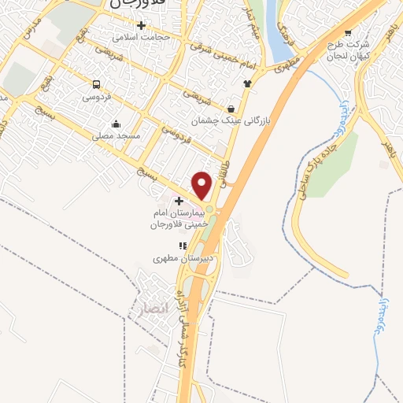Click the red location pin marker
coord(201,186)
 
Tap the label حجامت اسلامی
coord(135,37)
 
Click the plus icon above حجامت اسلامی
coord(141,25)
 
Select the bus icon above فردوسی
coord(96,84)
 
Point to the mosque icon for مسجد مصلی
coord(116,124)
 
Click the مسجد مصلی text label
coord(117,135)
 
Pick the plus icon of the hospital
coord(179,201)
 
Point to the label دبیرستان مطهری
coord(179,257)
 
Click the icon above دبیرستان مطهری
coord(183,246)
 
